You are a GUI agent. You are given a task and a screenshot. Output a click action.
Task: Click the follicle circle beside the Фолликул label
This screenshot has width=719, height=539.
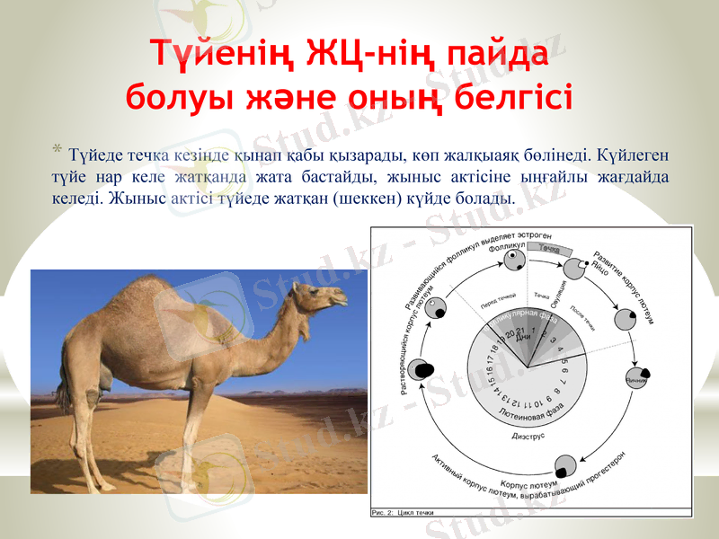pos(514,261)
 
